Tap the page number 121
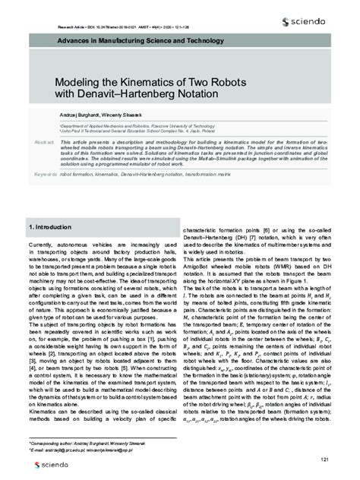tap(324, 437)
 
